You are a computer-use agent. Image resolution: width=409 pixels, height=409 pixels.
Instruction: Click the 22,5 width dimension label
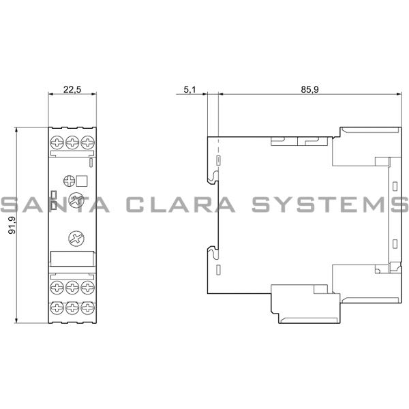point(72,89)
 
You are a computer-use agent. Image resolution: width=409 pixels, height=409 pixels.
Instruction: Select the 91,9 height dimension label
point(12,226)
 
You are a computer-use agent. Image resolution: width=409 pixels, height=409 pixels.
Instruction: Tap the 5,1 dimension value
point(190,89)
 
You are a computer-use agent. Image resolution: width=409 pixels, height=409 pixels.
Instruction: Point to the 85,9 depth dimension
point(310,89)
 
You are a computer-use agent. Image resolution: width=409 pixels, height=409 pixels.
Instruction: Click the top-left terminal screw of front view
point(57,142)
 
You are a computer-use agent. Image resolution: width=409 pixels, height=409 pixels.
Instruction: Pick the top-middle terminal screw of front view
point(72,142)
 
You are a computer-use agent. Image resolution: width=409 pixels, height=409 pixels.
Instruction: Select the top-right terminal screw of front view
point(88,142)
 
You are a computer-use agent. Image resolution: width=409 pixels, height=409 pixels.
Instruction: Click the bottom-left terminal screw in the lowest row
point(57,308)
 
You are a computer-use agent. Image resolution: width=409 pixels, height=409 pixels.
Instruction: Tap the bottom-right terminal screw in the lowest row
point(88,308)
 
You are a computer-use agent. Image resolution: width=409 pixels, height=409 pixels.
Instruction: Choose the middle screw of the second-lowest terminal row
point(72,288)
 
